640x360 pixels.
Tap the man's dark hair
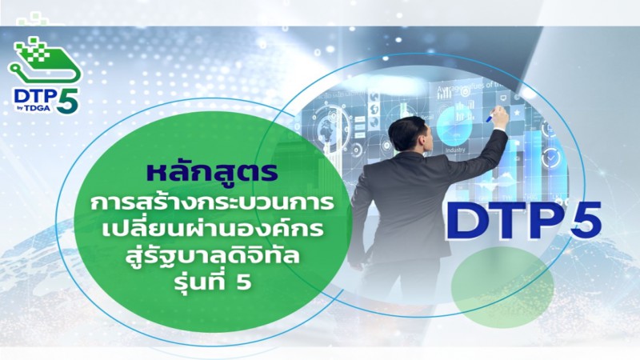pyautogui.click(x=406, y=130)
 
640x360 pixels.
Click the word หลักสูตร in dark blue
pyautogui.click(x=213, y=172)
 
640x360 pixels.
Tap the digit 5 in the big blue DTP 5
pyautogui.click(x=586, y=220)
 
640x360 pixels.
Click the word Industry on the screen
pyautogui.click(x=455, y=150)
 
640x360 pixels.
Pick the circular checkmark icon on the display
pyautogui.click(x=550, y=156)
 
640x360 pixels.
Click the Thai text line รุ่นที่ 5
pyautogui.click(x=213, y=282)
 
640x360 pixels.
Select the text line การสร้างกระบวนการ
pyautogui.click(x=212, y=203)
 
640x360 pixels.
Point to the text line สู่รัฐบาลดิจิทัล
pyautogui.click(x=212, y=256)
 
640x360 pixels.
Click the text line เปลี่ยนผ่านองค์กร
pyautogui.click(x=213, y=229)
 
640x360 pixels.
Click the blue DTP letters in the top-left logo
pyautogui.click(x=35, y=96)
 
